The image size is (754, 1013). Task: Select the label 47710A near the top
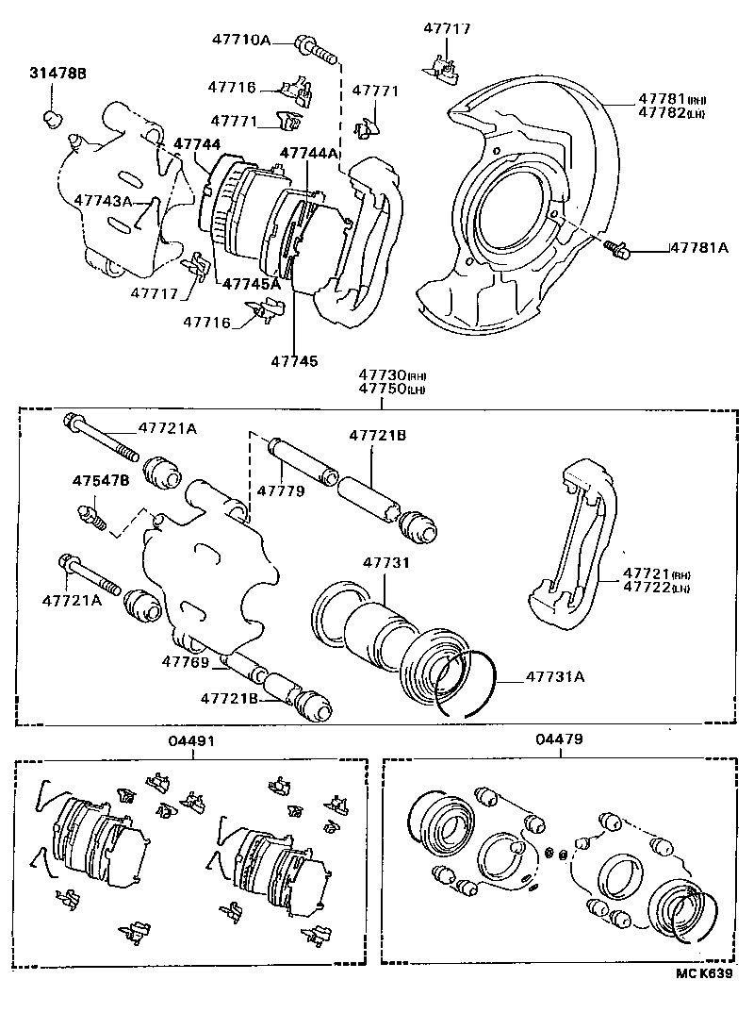(239, 40)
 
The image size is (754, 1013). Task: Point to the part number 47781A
(699, 248)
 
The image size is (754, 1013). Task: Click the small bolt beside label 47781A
(618, 248)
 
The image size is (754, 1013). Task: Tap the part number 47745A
(251, 283)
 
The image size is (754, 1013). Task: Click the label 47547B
(100, 480)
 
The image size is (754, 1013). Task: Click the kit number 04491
(192, 740)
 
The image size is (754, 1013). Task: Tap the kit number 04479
(557, 740)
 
